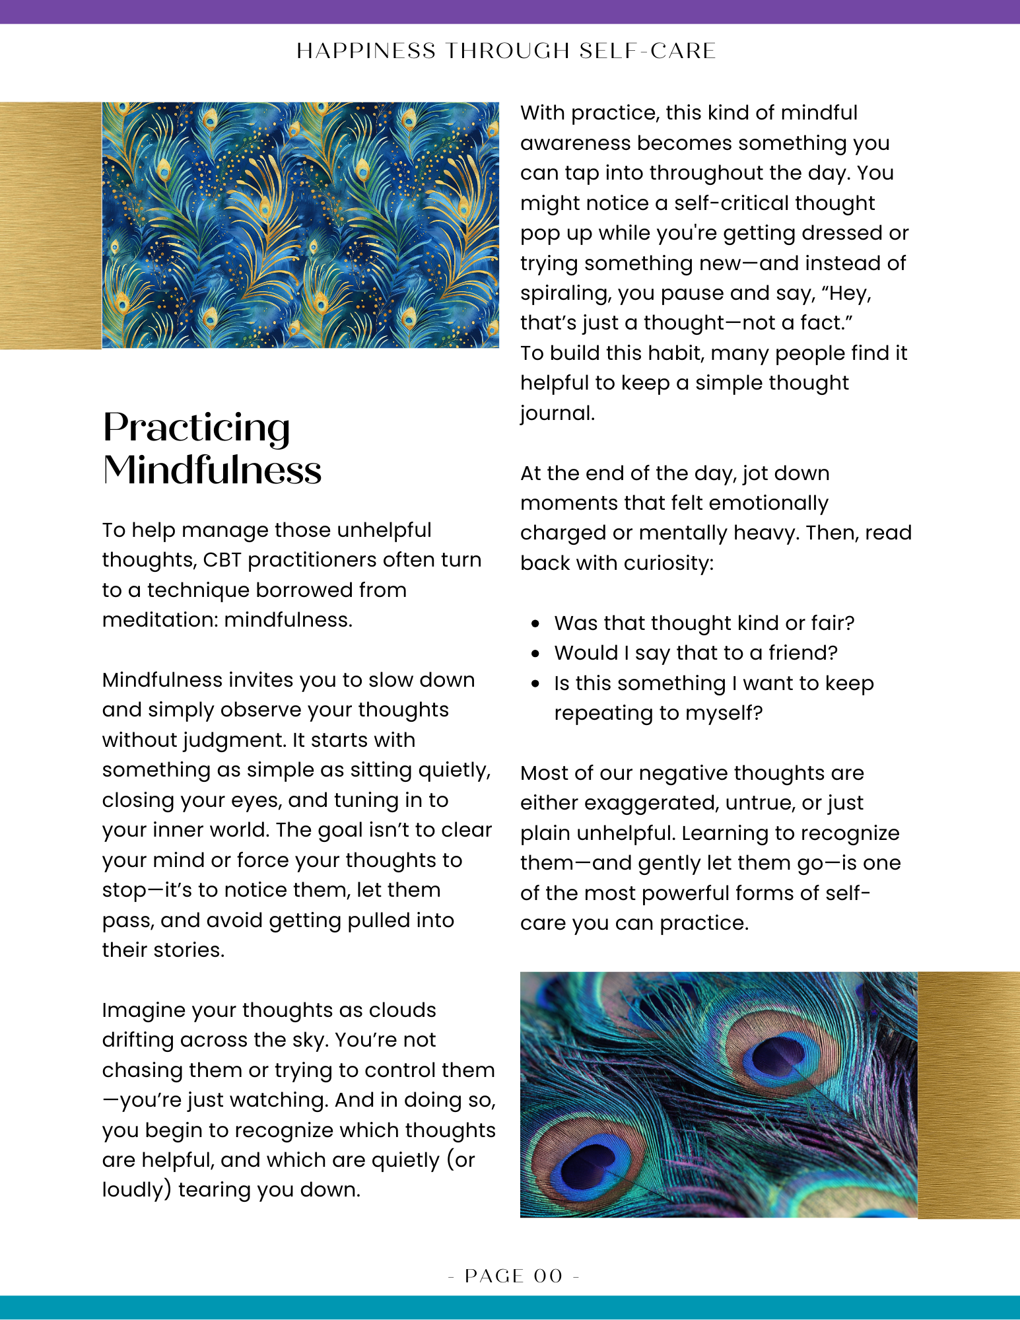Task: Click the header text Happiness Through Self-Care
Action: point(506,51)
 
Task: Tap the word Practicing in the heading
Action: point(196,428)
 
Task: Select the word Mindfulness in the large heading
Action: point(212,470)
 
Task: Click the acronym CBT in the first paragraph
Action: point(222,560)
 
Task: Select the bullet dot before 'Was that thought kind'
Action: point(535,623)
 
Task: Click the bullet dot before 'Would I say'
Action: point(535,653)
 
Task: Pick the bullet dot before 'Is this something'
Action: point(535,683)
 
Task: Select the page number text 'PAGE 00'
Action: point(514,1276)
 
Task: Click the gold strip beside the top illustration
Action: point(50,225)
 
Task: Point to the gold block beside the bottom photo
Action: point(968,1094)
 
